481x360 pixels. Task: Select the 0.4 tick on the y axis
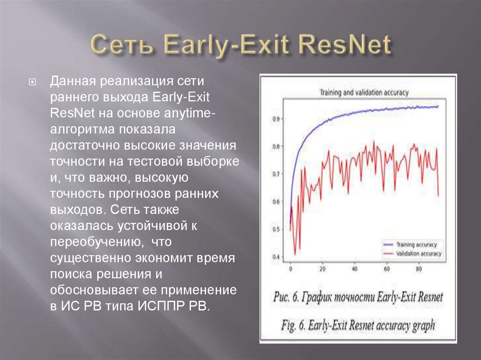click(x=276, y=257)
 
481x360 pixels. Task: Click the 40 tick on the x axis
click(x=354, y=269)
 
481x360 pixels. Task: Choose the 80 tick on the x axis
click(x=418, y=269)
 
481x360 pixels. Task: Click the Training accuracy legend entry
click(x=416, y=245)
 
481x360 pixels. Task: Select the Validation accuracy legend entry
click(x=417, y=253)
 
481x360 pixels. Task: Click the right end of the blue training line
click(x=438, y=107)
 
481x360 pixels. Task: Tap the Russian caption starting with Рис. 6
click(x=357, y=297)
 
